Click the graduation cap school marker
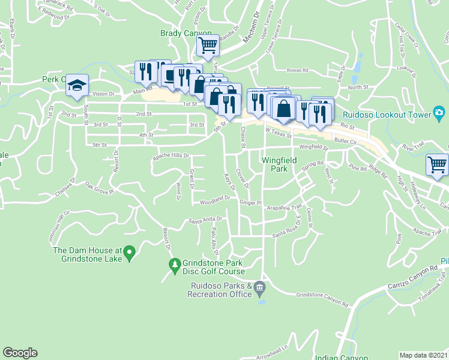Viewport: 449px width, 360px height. click(x=77, y=86)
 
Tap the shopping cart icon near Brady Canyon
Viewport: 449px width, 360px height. click(x=208, y=44)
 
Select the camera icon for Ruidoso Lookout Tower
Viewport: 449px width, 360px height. click(x=439, y=113)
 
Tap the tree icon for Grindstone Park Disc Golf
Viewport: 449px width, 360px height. click(x=175, y=264)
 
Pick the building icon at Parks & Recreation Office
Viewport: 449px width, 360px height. click(x=259, y=288)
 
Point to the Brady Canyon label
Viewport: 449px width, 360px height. click(x=186, y=34)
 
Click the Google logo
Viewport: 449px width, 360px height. click(x=20, y=353)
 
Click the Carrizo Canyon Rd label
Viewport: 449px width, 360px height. click(x=415, y=277)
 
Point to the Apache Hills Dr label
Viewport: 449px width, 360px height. click(x=170, y=155)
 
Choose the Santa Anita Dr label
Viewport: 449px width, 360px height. click(x=205, y=220)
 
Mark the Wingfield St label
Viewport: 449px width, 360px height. click(x=313, y=146)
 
